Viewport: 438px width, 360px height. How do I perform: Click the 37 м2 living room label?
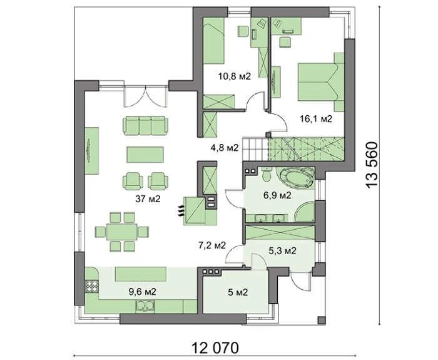pos(148,199)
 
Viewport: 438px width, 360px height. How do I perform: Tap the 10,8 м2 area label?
pos(235,76)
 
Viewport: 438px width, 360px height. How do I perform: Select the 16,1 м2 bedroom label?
pos(316,119)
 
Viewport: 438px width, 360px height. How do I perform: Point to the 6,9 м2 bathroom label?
pos(277,195)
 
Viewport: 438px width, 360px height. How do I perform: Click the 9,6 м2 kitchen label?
pos(142,292)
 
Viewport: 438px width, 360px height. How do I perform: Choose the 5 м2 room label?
pos(238,292)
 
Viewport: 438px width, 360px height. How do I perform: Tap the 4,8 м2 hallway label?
pos(225,147)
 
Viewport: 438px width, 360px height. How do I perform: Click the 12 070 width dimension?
pos(215,348)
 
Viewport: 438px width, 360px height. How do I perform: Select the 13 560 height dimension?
pos(372,165)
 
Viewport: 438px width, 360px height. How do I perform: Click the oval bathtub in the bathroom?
pos(297,177)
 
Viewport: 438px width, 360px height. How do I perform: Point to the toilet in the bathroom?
pos(267,175)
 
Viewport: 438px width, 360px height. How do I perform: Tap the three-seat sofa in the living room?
pos(145,125)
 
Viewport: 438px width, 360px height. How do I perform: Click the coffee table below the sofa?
pos(145,155)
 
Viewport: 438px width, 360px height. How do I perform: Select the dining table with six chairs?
pos(122,232)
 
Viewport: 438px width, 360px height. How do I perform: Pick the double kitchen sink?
pos(145,306)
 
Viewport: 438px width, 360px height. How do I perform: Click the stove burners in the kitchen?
pos(91,286)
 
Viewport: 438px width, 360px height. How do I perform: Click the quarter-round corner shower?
pos(305,212)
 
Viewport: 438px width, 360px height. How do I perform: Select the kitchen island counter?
pos(141,275)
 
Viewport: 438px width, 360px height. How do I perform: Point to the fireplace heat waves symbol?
pos(181,210)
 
